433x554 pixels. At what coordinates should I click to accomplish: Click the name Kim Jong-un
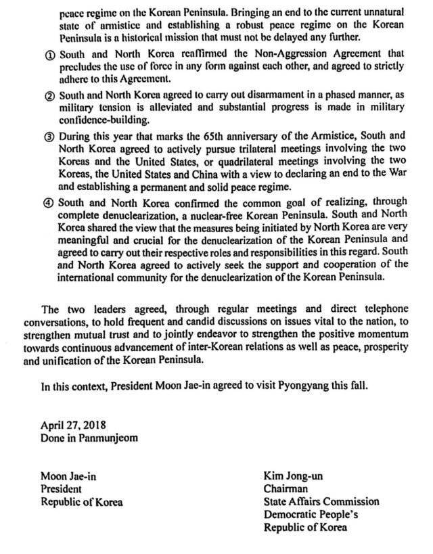point(293,476)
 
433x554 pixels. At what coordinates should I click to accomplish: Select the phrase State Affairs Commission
point(321,501)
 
